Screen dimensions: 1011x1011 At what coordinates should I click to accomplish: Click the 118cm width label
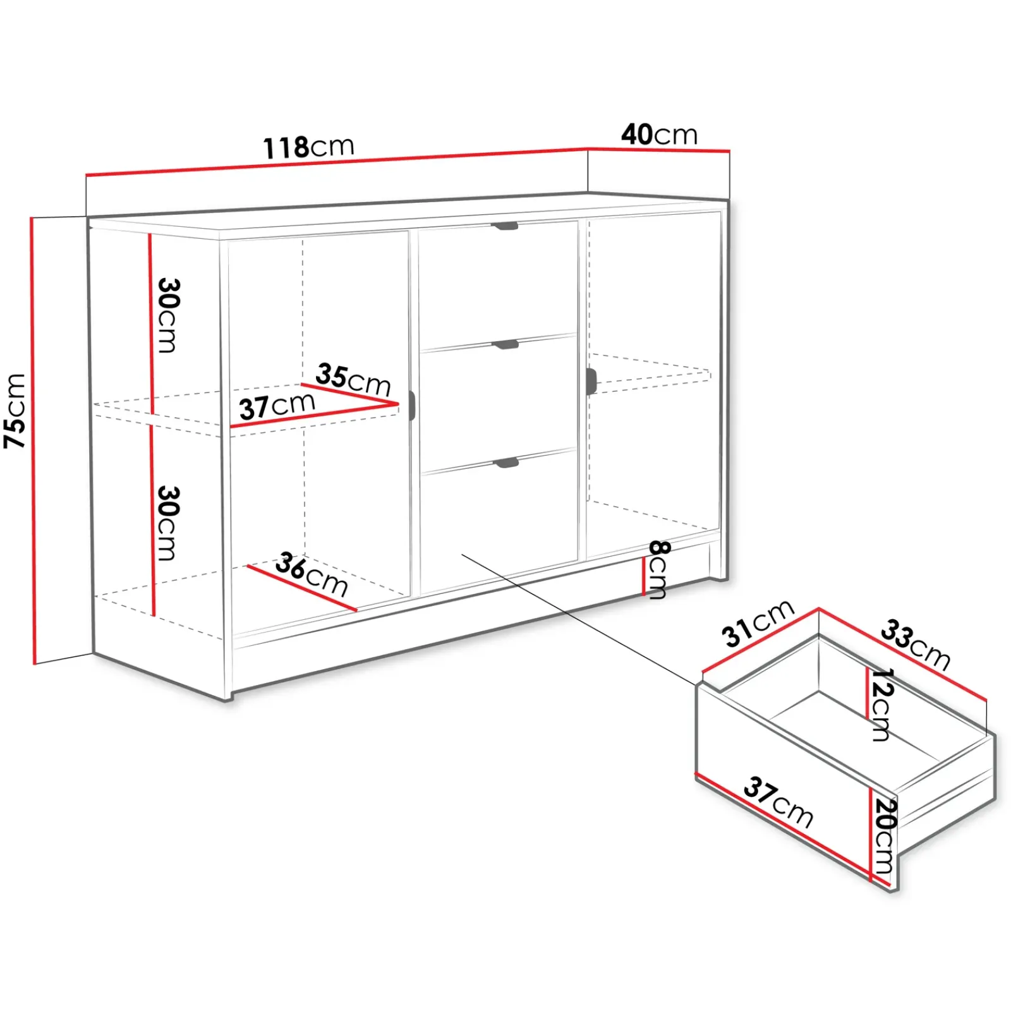tap(308, 147)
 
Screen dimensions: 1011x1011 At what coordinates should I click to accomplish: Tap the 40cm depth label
tap(659, 134)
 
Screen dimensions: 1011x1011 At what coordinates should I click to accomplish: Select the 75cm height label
tap(15, 411)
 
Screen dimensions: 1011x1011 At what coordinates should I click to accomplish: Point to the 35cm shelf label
tap(353, 379)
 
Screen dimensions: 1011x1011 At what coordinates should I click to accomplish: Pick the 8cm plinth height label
tap(658, 569)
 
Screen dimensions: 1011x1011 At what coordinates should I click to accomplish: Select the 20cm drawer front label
tap(885, 835)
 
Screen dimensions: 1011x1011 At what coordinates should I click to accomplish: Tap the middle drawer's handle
tap(505, 344)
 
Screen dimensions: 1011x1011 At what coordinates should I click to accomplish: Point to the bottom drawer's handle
tap(505, 463)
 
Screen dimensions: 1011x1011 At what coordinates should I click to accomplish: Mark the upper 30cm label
tap(168, 315)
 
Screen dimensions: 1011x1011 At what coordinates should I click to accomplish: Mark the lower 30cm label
tap(168, 523)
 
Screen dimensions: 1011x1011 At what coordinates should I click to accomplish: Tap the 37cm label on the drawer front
tap(778, 802)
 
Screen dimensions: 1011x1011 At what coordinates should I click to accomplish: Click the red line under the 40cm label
tap(659, 150)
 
